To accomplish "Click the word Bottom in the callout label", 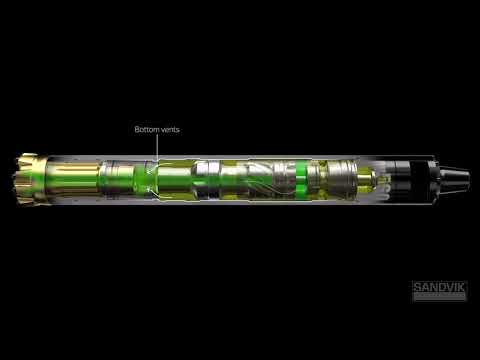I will pos(147,130).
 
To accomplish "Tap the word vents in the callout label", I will pos(170,130).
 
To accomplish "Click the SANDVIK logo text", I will pos(439,288).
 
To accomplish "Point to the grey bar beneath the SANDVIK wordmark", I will pos(439,297).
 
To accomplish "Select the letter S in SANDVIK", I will pos(417,288).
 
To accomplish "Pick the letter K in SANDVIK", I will pos(461,288).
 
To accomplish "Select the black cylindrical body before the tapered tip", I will pos(410,178).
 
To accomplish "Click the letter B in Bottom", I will pos(137,130).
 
